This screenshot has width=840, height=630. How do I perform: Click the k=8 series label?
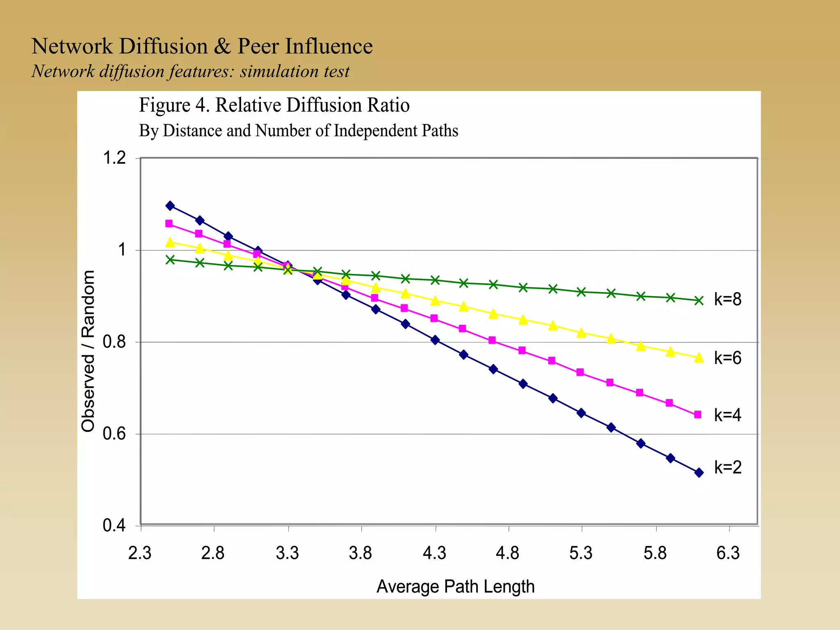(x=728, y=299)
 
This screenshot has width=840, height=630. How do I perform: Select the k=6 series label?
(x=728, y=358)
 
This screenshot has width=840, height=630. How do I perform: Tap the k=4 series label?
(x=728, y=415)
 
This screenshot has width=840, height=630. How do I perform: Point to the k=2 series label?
(x=728, y=467)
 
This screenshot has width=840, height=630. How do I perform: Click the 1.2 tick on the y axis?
(x=114, y=158)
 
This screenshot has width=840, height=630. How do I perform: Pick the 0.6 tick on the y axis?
(x=114, y=434)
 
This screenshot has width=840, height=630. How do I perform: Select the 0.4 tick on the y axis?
(x=114, y=525)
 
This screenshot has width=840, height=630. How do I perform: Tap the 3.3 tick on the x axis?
(x=288, y=553)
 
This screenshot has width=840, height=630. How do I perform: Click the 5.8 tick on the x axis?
(x=655, y=553)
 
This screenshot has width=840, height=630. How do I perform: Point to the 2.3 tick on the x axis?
(x=140, y=553)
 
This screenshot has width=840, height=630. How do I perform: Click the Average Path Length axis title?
(x=455, y=587)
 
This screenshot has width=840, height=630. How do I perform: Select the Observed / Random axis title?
(x=88, y=351)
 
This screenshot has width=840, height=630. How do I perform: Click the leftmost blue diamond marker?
(x=170, y=206)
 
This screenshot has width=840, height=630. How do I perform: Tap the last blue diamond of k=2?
(x=699, y=472)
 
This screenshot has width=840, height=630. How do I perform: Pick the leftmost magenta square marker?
(x=169, y=224)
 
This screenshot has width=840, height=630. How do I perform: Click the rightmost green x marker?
(x=699, y=301)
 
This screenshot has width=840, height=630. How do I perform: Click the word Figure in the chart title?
(x=164, y=105)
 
